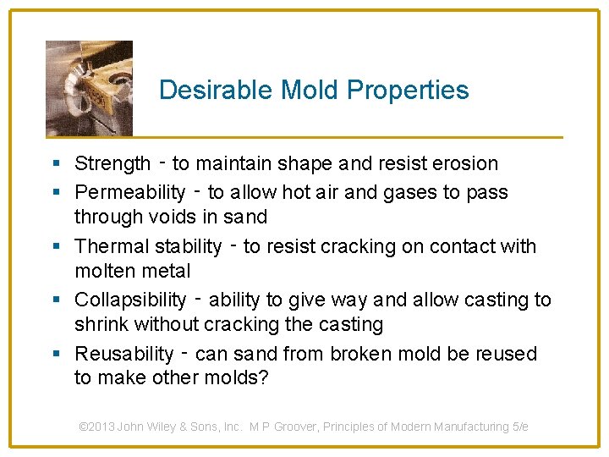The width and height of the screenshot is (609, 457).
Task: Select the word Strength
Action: tap(112, 163)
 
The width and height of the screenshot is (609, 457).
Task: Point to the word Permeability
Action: tap(129, 192)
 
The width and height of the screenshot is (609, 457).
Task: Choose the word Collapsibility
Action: tap(130, 300)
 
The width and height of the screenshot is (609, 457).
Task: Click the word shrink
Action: tap(101, 324)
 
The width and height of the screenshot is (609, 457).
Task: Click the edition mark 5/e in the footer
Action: tap(519, 427)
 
